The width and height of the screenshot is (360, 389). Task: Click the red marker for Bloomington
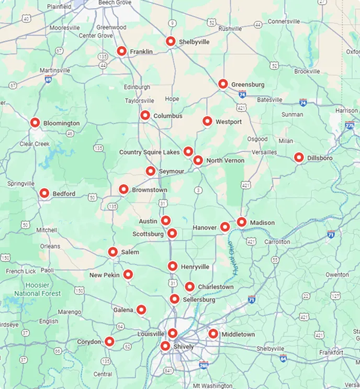point(35,123)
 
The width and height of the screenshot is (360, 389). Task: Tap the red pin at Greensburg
point(223,84)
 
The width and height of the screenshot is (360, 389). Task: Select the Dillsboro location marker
point(299,157)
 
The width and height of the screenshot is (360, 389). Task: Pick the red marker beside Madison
point(242,222)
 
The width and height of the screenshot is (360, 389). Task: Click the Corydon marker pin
point(109,341)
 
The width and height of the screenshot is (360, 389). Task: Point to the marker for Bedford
point(44,193)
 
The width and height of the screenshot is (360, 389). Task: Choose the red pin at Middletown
point(213,334)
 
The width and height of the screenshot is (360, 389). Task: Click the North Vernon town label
point(225,161)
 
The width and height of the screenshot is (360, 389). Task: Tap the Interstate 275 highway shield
point(350,125)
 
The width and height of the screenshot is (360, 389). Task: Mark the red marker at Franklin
point(121,51)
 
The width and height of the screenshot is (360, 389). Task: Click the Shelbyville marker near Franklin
point(170,41)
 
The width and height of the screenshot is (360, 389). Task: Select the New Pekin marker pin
point(128,274)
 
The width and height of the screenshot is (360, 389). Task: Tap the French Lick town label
point(21,271)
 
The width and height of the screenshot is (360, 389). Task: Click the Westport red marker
point(207,121)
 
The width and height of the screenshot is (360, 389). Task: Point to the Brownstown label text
point(150,190)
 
